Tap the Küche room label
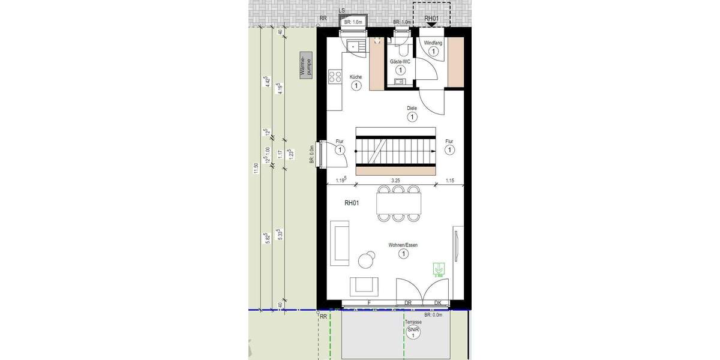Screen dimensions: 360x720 coord(356,77)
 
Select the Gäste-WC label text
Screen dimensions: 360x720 coord(400,61)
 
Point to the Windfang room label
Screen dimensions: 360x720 coord(433,43)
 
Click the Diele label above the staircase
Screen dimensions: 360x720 coord(412,108)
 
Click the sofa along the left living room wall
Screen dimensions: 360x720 coord(340,243)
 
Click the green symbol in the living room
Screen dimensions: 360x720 coord(440,269)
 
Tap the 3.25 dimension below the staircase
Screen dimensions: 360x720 coord(395,179)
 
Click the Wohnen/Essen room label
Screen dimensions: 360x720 coord(403,245)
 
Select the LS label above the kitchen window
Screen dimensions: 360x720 coord(341,11)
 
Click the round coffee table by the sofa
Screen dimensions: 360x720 coord(365,259)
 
